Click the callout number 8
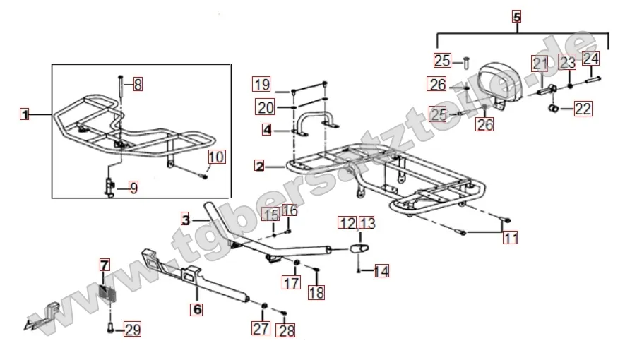click(138, 85)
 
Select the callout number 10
click(217, 157)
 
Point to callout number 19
click(262, 85)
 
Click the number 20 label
click(265, 108)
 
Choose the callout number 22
click(583, 109)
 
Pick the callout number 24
click(590, 58)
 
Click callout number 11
click(510, 238)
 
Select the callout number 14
click(381, 270)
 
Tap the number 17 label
click(292, 283)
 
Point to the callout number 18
click(316, 292)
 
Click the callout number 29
click(133, 329)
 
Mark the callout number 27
click(261, 328)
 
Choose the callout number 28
click(287, 330)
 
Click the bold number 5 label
click(516, 17)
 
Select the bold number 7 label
click(105, 265)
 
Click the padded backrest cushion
click(504, 78)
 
